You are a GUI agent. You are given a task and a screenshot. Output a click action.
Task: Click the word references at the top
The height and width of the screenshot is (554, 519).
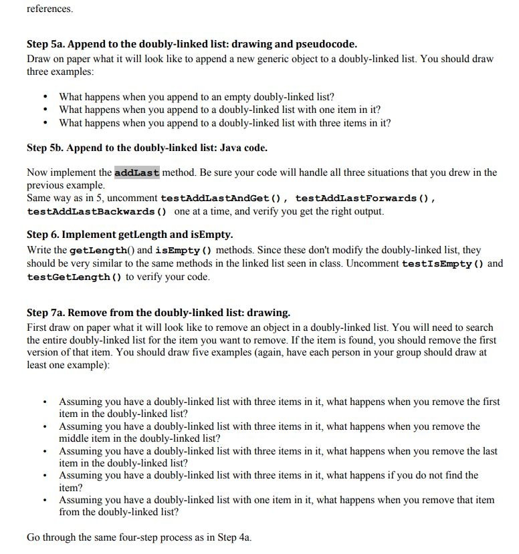click(x=49, y=9)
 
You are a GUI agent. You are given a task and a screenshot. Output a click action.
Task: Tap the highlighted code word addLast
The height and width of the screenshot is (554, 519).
click(x=137, y=172)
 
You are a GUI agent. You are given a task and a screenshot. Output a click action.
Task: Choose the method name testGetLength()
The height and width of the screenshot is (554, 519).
click(x=74, y=277)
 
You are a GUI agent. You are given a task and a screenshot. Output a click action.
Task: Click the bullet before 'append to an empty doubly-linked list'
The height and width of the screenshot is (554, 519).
click(x=45, y=97)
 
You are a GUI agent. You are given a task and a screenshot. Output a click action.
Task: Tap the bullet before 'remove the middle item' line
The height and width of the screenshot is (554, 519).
click(x=45, y=426)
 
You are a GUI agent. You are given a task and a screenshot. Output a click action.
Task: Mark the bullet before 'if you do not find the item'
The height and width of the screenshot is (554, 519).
click(x=45, y=476)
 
